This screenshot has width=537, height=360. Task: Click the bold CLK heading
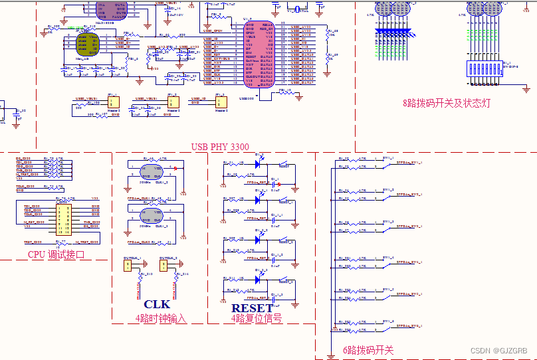(x=157, y=305)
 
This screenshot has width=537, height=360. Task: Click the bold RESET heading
(x=252, y=308)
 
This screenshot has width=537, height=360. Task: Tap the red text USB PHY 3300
(x=219, y=147)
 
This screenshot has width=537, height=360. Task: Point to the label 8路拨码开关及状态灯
(x=446, y=104)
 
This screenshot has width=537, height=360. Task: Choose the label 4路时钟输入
(x=161, y=319)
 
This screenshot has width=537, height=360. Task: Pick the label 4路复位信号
(x=256, y=319)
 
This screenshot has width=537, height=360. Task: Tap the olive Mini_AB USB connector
(x=87, y=43)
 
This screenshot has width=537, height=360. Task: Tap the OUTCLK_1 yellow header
(x=128, y=266)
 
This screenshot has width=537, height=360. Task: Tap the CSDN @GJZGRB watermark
(x=498, y=350)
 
